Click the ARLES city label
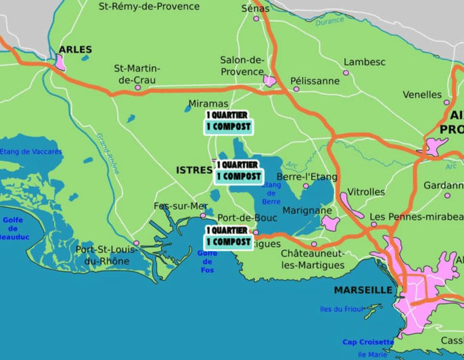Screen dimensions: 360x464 click(75, 49)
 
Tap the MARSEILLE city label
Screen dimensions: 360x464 click(363, 290)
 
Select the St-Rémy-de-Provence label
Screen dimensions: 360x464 click(149, 6)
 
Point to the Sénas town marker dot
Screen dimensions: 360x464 click(256, 19)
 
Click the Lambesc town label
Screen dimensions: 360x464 click(364, 62)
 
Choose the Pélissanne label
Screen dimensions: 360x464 click(315, 81)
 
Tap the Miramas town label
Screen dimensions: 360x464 click(207, 103)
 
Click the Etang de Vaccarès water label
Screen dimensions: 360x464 click(30, 152)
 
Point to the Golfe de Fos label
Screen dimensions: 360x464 click(207, 262)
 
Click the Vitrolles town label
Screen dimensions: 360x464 click(365, 192)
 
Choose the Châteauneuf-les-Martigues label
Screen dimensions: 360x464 click(312, 258)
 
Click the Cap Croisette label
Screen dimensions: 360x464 click(368, 342)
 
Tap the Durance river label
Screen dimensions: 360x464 click(329, 22)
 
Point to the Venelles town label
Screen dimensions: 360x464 click(421, 95)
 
